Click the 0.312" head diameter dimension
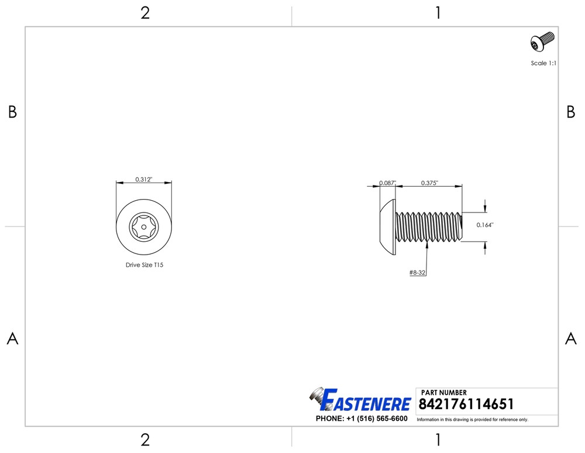point(144,180)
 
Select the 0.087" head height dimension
point(388,183)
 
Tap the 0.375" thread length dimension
point(429,183)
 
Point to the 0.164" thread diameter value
point(484,225)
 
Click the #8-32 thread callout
point(417,273)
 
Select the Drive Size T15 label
point(144,265)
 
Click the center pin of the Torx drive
point(144,227)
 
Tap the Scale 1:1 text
point(543,63)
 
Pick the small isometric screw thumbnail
point(542,42)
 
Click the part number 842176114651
point(466,404)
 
